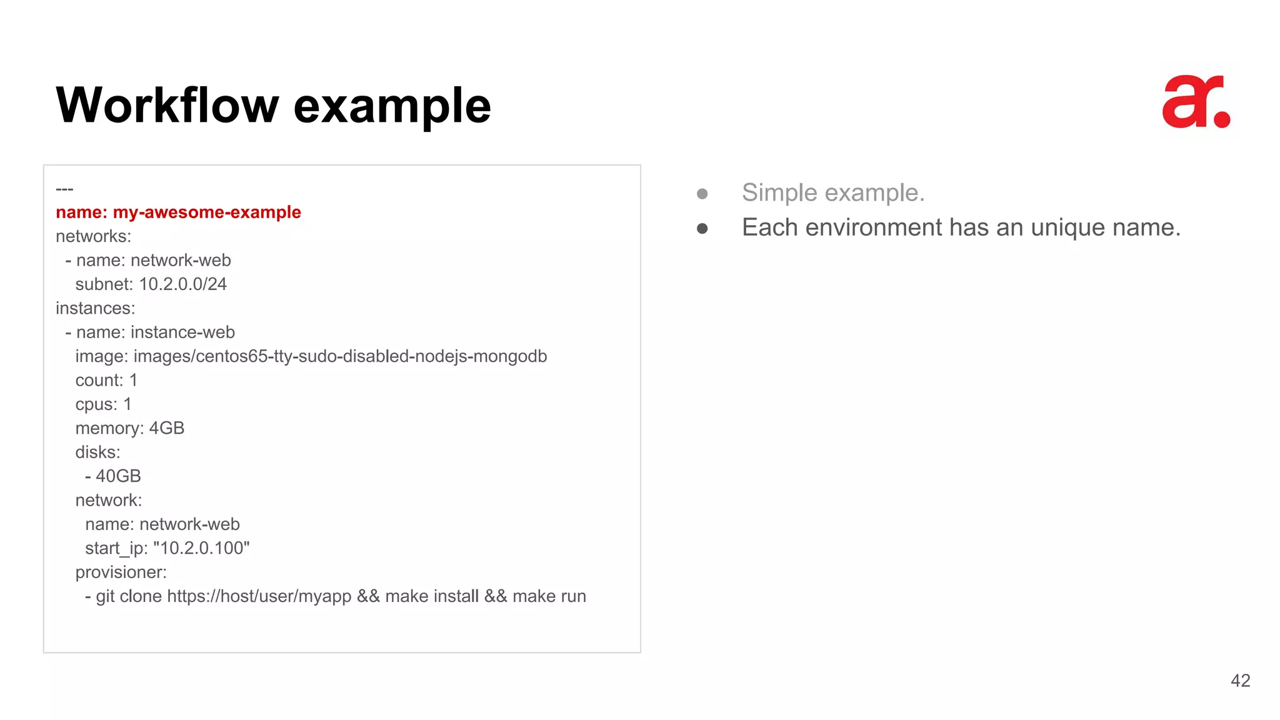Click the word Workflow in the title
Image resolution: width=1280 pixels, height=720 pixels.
pos(167,105)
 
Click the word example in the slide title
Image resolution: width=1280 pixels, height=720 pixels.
pos(392,106)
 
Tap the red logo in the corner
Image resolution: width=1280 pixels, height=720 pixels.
pos(1196,102)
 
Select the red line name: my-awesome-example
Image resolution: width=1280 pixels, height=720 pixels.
pos(178,212)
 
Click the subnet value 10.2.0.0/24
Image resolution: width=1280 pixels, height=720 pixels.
pos(182,284)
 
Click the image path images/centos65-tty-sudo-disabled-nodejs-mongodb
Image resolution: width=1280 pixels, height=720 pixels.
pos(340,356)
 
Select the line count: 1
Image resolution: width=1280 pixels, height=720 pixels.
pos(106,380)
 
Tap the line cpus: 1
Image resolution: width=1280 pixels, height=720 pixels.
pos(103,404)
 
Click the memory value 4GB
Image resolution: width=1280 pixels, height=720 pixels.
pos(166,428)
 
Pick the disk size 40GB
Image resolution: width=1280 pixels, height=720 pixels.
pos(118,476)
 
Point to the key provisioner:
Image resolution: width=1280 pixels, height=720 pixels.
pos(121,572)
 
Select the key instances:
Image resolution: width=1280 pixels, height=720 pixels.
pos(95,308)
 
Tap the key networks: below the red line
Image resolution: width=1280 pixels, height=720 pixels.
pos(93,236)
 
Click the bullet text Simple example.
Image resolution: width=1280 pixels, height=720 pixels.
pos(832,192)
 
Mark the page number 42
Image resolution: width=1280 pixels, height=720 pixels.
pos(1240,681)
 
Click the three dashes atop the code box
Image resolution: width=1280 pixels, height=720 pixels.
pos(64,189)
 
